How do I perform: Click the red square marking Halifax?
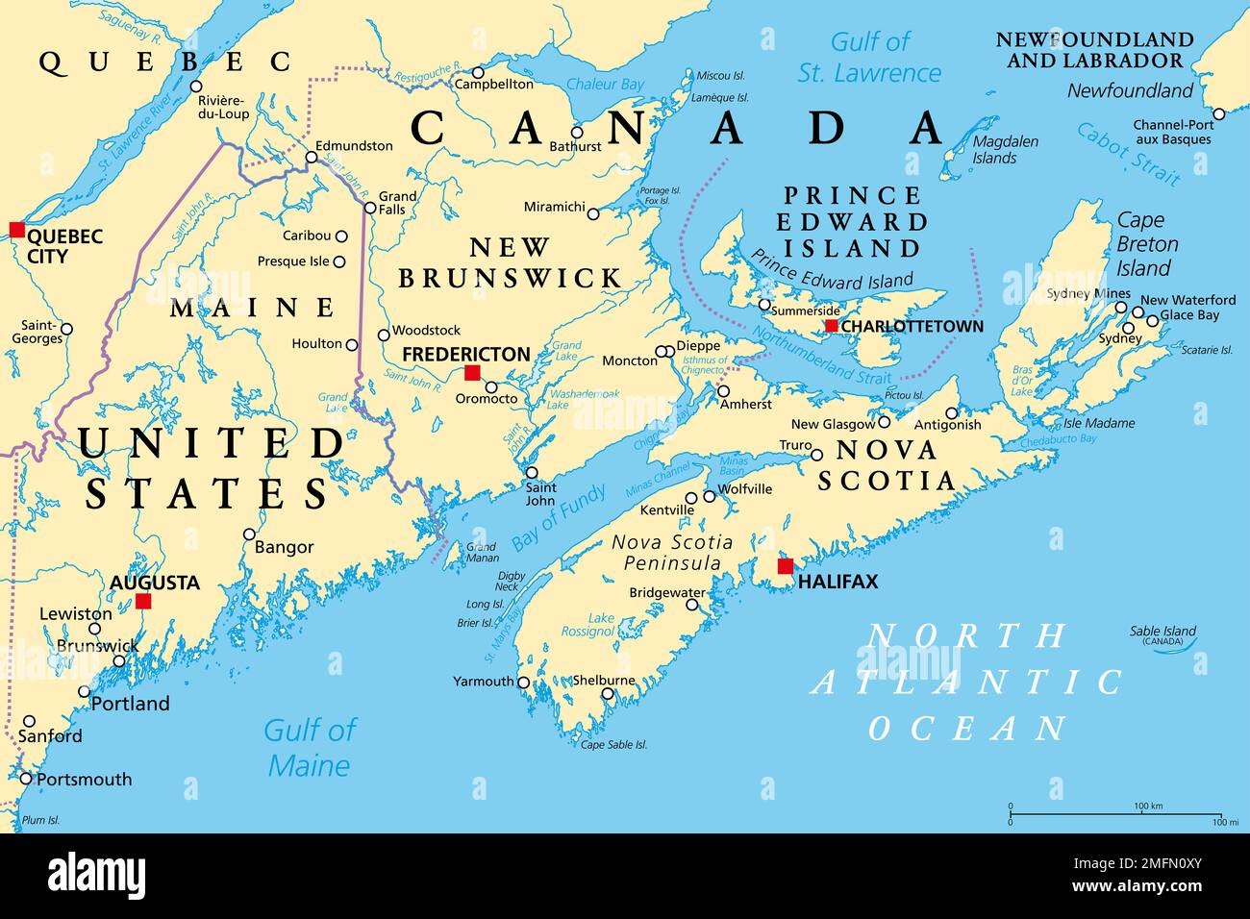pyautogui.click(x=786, y=566)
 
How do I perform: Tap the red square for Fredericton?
pyautogui.click(x=472, y=372)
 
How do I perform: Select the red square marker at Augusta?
pyautogui.click(x=143, y=601)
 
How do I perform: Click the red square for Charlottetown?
pyautogui.click(x=831, y=326)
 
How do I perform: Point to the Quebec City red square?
pyautogui.click(x=16, y=229)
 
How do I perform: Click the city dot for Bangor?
pyautogui.click(x=249, y=534)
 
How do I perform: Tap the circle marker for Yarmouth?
pyautogui.click(x=524, y=683)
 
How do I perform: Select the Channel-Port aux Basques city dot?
pyautogui.click(x=1218, y=113)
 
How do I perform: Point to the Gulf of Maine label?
pyautogui.click(x=310, y=747)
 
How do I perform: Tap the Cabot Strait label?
pyautogui.click(x=1128, y=153)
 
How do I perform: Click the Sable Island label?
pyautogui.click(x=1162, y=632)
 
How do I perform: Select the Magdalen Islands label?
pyautogui.click(x=1005, y=149)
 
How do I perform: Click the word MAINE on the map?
pyautogui.click(x=252, y=308)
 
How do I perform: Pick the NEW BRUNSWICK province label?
pyautogui.click(x=510, y=262)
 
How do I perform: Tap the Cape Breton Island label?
pyautogui.click(x=1143, y=244)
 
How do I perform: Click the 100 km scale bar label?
pyautogui.click(x=1148, y=806)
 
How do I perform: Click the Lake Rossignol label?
pyautogui.click(x=587, y=625)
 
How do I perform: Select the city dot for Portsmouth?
pyautogui.click(x=26, y=779)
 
